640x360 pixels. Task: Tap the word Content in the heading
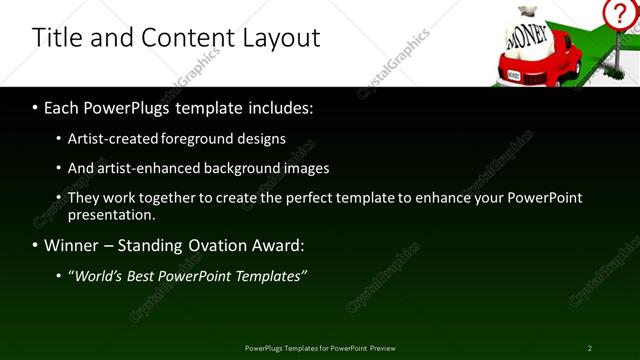pyautogui.click(x=179, y=38)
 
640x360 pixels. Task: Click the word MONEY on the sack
pyautogui.click(x=529, y=37)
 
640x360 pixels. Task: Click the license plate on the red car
pyautogui.click(x=514, y=74)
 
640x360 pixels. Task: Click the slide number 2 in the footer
pyautogui.click(x=590, y=348)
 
